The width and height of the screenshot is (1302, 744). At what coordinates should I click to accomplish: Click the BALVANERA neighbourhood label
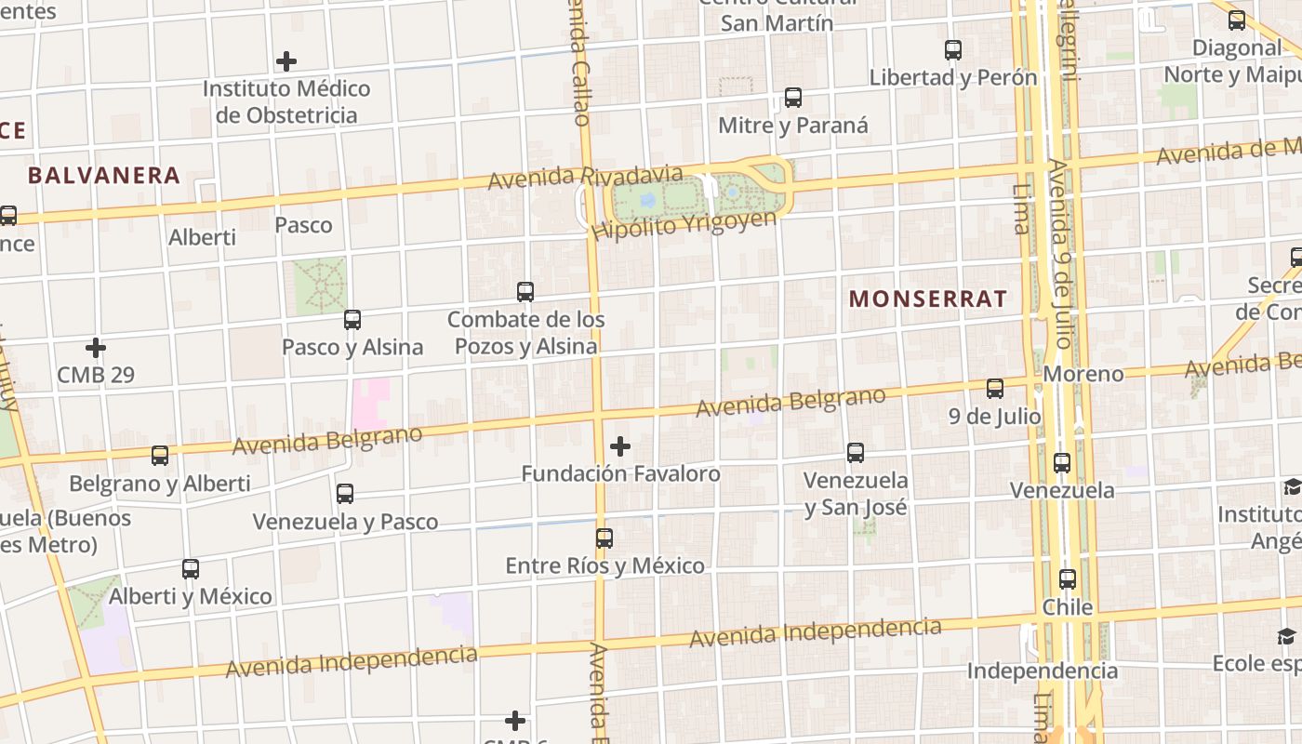tap(103, 175)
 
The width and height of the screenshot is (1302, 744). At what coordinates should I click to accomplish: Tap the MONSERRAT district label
tap(928, 299)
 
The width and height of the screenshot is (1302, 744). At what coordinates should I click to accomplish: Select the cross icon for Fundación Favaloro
tap(620, 446)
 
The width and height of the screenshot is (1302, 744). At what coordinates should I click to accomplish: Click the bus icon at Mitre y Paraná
tap(793, 98)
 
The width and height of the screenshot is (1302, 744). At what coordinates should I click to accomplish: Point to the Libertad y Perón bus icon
tap(953, 50)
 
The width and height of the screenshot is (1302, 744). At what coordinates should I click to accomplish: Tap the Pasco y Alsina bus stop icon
tap(352, 320)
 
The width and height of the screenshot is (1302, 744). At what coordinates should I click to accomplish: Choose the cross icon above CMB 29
tap(96, 349)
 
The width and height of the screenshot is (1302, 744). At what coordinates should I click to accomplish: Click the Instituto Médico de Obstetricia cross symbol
tap(286, 62)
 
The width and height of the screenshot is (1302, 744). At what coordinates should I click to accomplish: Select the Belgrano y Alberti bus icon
tap(160, 456)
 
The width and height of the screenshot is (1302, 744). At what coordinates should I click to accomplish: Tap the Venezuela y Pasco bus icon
tap(345, 494)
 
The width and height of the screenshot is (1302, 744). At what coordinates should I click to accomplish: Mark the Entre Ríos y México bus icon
tap(604, 538)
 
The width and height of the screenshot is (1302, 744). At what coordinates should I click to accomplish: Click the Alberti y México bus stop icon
tap(191, 568)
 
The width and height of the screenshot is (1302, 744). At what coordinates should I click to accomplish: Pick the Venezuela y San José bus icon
tap(856, 453)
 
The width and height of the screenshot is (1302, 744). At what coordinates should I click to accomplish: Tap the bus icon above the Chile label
tap(1068, 578)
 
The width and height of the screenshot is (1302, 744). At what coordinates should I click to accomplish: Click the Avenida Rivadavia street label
tap(585, 176)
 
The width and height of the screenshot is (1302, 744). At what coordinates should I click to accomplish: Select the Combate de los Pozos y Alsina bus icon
tap(525, 292)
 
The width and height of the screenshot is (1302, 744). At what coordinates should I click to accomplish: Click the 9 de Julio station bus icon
tap(995, 389)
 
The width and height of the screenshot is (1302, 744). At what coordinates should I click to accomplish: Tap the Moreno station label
tap(1083, 374)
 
